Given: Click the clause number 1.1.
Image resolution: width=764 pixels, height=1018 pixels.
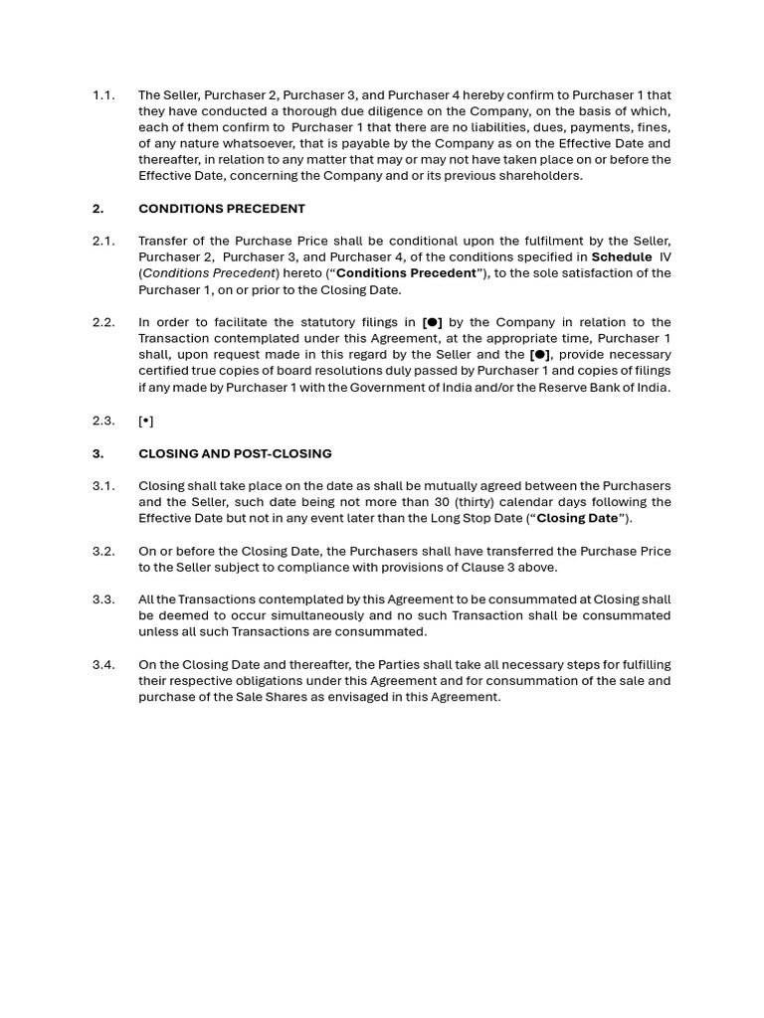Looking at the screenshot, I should click(103, 95).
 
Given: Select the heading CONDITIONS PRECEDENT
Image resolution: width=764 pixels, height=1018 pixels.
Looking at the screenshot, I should click(221, 209).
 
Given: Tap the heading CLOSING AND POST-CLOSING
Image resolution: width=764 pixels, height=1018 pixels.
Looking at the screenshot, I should click(235, 453).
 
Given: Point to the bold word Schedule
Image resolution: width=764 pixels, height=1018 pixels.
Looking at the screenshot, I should click(622, 257).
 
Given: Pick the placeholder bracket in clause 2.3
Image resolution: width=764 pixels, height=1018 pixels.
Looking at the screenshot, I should click(145, 421).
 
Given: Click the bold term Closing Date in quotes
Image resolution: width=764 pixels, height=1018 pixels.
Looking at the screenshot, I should click(577, 518).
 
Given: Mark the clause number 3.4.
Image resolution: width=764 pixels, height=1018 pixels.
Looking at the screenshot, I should click(103, 665).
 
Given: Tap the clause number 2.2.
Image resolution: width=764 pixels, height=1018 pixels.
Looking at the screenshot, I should click(103, 322).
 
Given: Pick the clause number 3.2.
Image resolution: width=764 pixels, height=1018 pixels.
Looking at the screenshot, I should click(103, 551).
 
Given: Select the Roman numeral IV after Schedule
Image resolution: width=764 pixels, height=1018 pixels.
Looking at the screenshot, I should click(665, 257).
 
